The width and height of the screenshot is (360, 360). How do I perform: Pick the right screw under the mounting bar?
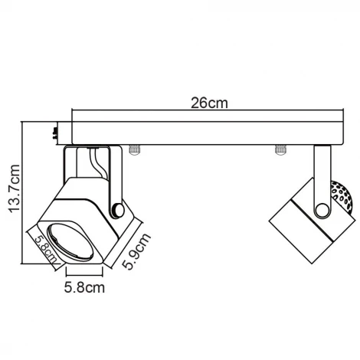(279, 149)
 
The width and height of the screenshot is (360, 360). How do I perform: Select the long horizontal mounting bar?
(206, 131)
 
